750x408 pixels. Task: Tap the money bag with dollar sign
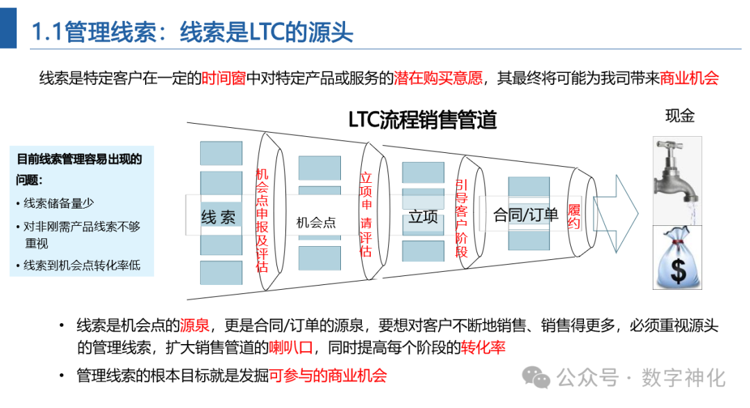tap(677, 257)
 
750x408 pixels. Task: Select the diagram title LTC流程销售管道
tap(422, 120)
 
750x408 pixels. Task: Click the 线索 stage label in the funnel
tap(218, 217)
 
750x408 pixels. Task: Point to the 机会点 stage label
tap(316, 222)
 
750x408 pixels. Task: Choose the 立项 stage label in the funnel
tap(424, 217)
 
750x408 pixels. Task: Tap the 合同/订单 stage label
tap(526, 215)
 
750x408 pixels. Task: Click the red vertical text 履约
tap(574, 216)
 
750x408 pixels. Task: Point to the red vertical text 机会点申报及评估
tap(262, 220)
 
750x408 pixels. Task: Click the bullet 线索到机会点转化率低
tap(82, 266)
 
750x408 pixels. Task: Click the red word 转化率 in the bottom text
tap(483, 348)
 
